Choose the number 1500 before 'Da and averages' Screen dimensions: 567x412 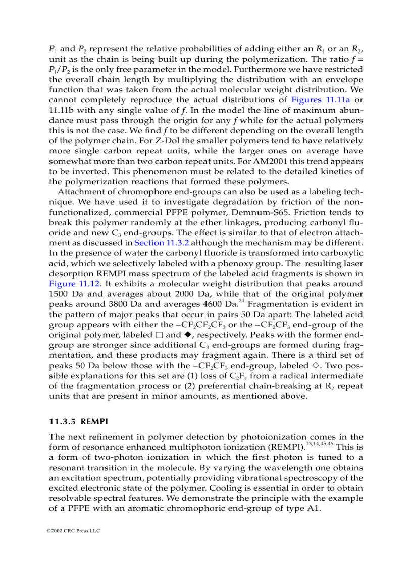tap(60, 294)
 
